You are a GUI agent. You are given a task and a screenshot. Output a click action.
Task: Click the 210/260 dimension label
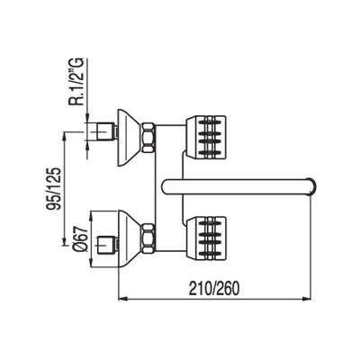(214, 289)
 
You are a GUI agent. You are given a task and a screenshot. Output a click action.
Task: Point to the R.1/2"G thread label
(76, 81)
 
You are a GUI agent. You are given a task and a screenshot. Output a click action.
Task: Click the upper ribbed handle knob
(206, 137)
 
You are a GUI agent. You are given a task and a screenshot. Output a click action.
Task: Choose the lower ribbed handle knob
(206, 238)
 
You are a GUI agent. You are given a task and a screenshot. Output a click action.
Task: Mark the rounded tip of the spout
(312, 187)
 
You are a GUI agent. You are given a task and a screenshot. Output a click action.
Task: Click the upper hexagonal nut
(148, 137)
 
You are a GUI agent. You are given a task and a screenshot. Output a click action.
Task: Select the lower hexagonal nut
(148, 238)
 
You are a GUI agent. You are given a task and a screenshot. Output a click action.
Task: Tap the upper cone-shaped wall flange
(128, 137)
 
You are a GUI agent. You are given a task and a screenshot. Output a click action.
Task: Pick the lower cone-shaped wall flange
(128, 238)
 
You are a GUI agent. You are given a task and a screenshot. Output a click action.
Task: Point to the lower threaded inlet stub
(105, 244)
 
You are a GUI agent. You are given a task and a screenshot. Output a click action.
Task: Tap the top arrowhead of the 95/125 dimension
(64, 137)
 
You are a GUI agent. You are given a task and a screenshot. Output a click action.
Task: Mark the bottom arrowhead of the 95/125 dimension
(64, 241)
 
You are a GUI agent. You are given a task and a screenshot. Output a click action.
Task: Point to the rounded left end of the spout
(164, 187)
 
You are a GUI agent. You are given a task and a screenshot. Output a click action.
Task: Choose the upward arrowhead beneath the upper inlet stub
(87, 146)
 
